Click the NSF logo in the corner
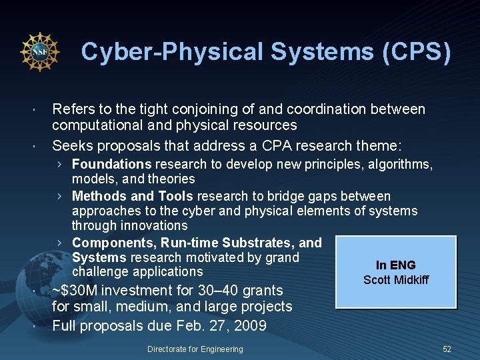click(40, 53)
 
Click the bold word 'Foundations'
click(112, 164)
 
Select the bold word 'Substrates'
click(252, 243)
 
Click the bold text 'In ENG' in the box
click(395, 265)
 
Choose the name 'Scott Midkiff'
click(395, 280)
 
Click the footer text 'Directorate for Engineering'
click(195, 349)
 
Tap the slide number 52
click(447, 349)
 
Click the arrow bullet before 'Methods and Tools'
click(60, 196)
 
